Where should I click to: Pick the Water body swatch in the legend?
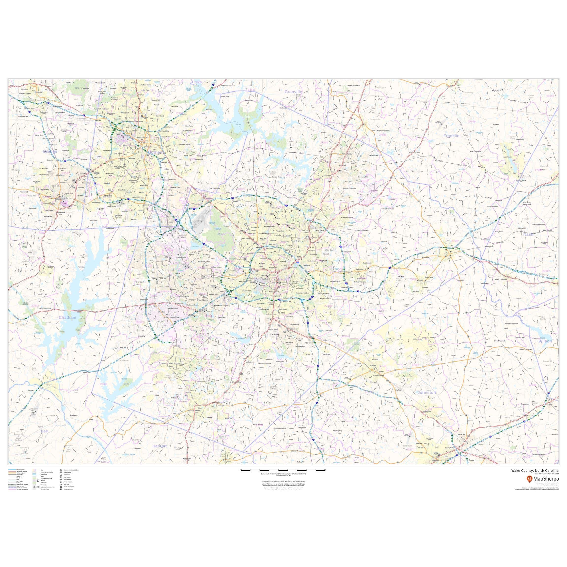click(34, 474)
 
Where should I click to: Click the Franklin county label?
click(451, 136)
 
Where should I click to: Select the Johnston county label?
click(426, 392)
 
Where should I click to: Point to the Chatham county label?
click(67, 317)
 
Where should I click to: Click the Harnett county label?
click(159, 446)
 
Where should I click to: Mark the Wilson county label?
click(545, 341)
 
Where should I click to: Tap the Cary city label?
click(204, 276)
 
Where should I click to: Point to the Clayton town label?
click(373, 365)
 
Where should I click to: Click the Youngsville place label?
click(375, 119)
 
